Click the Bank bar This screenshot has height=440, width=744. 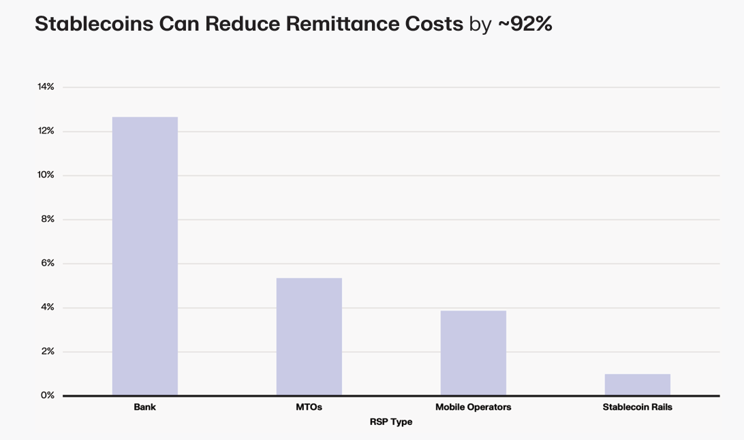point(145,256)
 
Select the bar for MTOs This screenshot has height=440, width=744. point(309,336)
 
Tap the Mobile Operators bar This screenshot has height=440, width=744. point(473,353)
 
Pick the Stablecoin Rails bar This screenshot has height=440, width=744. point(637,385)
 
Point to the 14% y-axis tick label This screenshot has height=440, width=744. point(46,87)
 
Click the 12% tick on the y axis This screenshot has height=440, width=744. point(46,131)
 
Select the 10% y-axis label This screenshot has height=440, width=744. point(46,175)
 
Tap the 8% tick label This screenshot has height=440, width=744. point(47,219)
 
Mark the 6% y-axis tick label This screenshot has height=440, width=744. point(47,264)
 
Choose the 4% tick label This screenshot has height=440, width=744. point(47,308)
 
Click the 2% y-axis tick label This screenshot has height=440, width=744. point(47,351)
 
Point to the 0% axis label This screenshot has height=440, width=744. point(47,396)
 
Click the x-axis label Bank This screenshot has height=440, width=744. point(145,407)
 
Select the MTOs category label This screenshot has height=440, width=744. point(309,407)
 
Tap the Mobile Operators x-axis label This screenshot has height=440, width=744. point(473,407)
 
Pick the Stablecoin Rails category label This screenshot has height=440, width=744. point(637,407)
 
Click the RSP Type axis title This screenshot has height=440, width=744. point(391,422)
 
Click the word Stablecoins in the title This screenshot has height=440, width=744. point(94,25)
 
